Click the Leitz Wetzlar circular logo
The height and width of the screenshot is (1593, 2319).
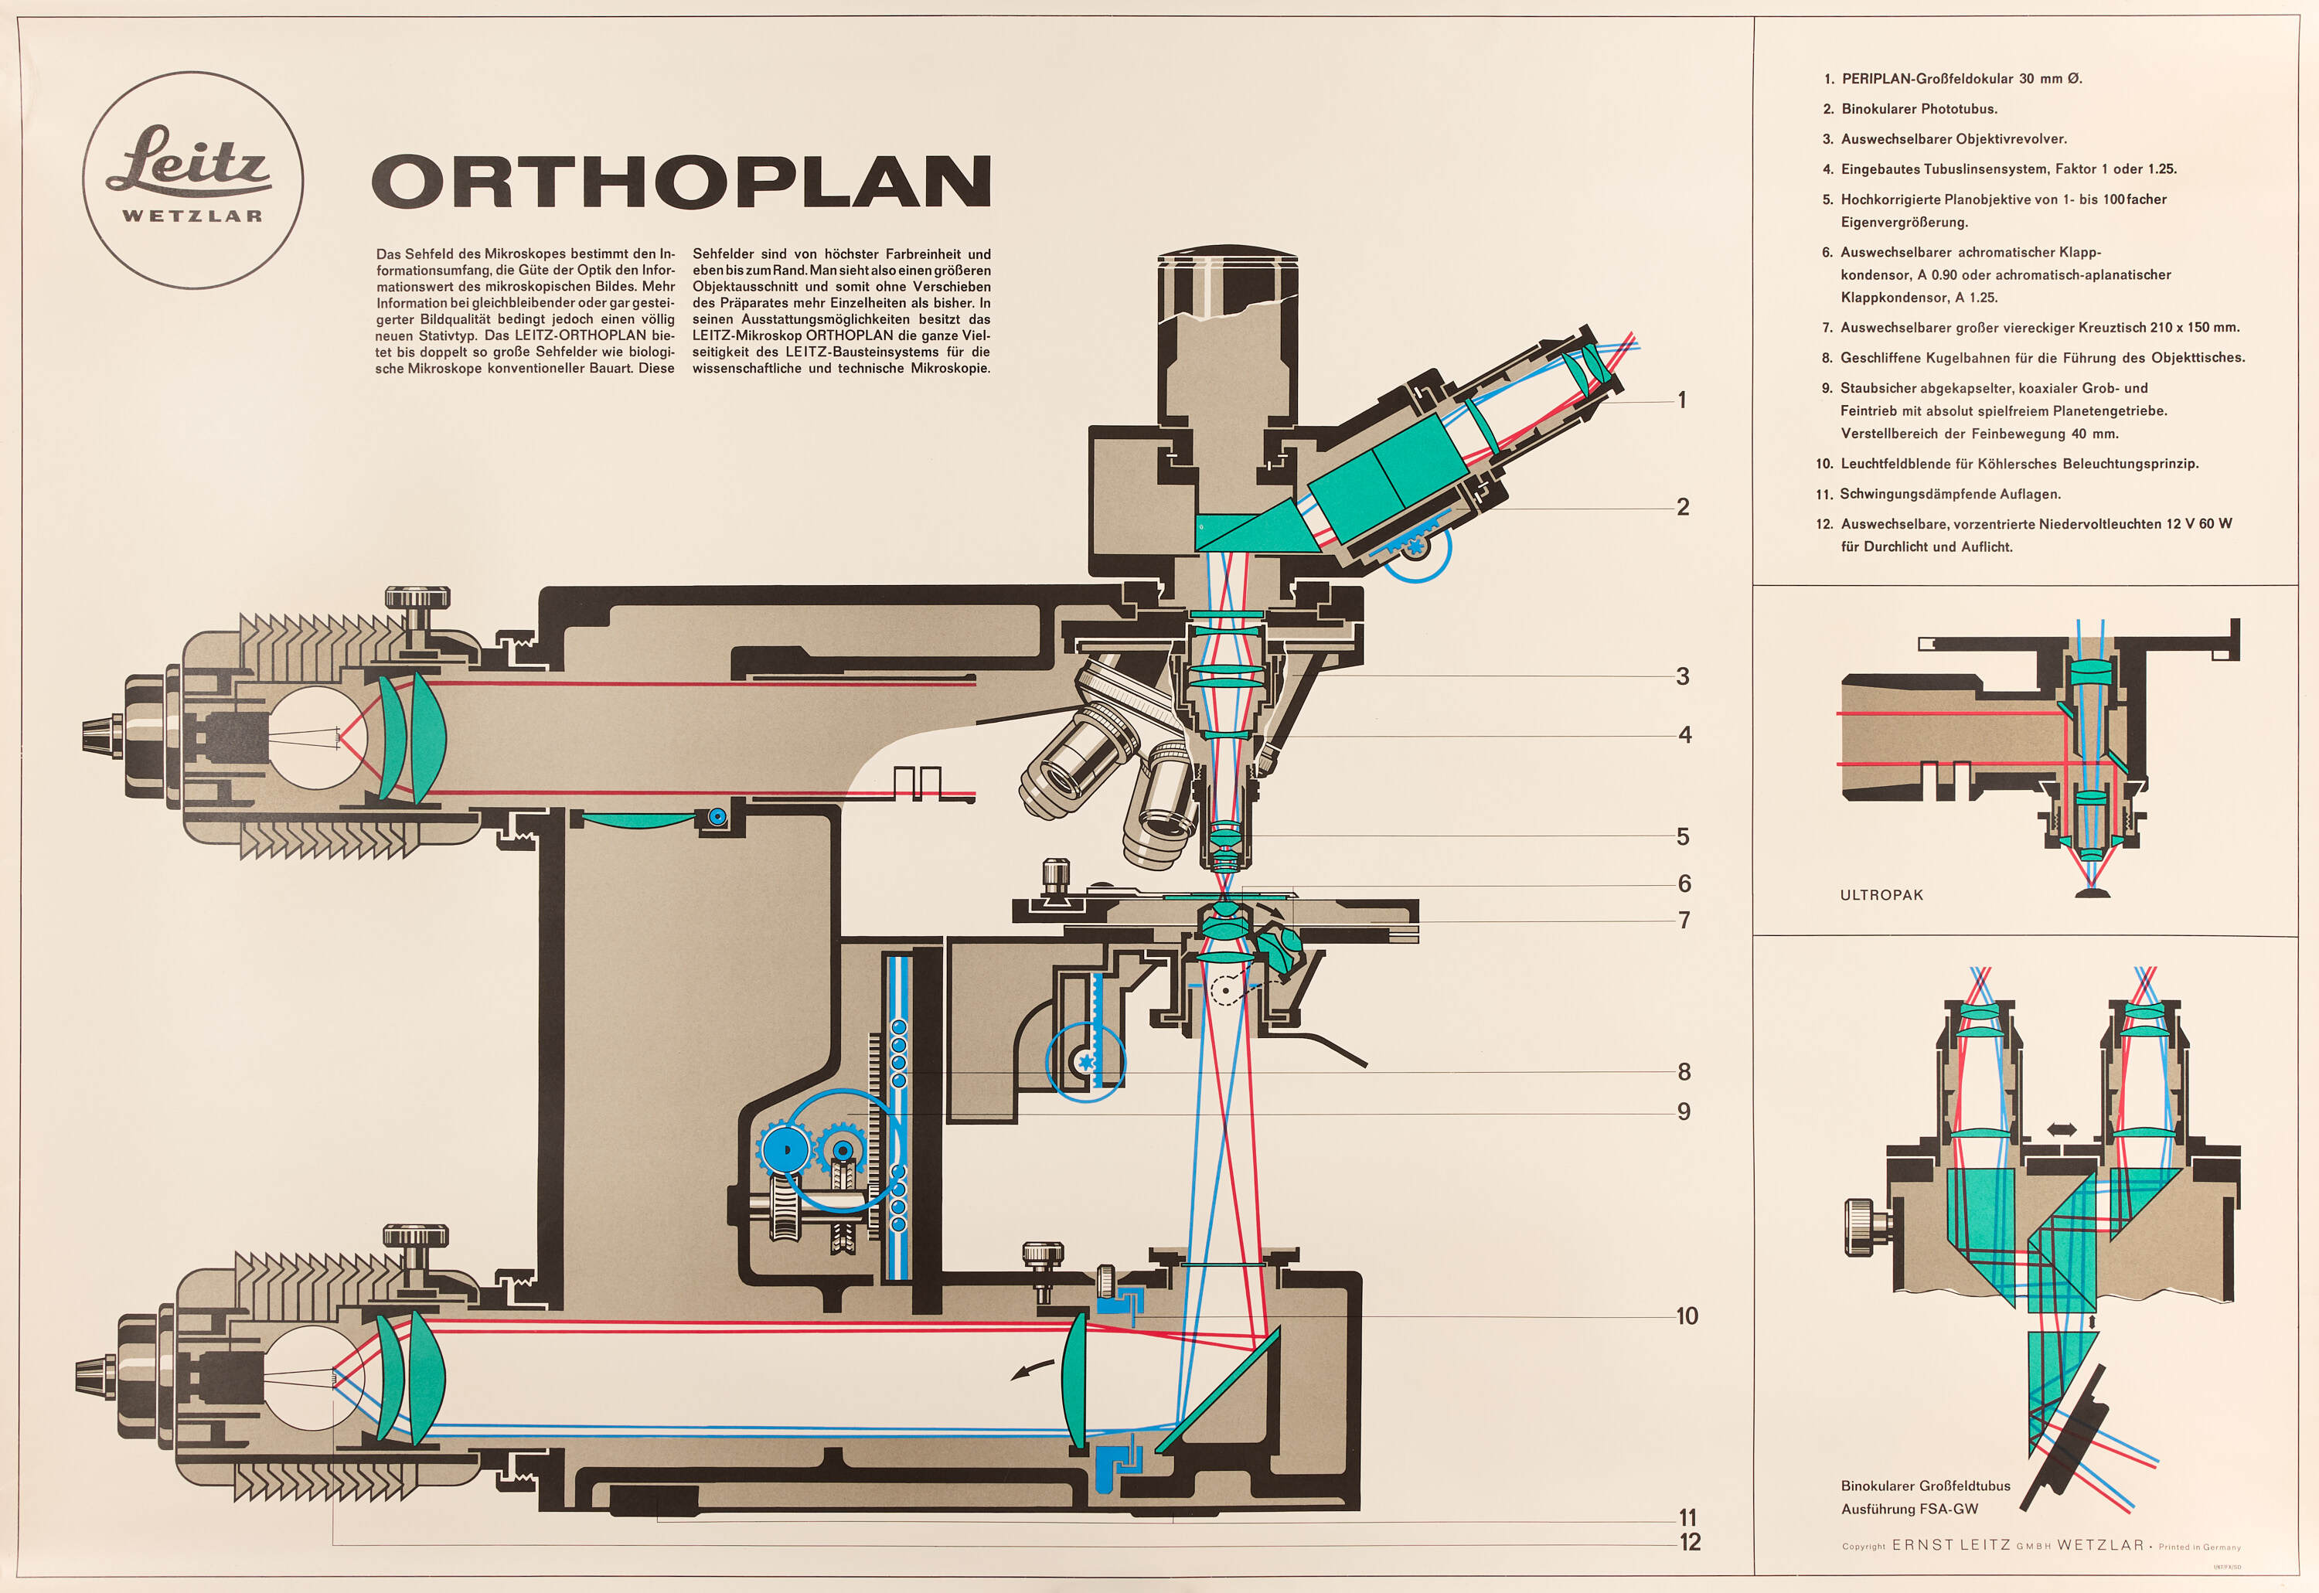point(192,181)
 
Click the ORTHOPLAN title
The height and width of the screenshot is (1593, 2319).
point(682,182)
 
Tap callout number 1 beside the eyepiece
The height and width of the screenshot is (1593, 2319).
point(1682,400)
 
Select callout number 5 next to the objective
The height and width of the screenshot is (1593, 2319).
point(1683,836)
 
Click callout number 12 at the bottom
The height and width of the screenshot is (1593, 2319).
point(1689,1542)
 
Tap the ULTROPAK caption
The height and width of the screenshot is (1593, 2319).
point(1881,895)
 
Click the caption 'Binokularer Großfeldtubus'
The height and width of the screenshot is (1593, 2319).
point(1926,1486)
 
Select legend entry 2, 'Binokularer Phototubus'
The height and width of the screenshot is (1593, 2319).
point(1918,109)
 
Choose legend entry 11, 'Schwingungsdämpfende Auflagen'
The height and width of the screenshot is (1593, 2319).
point(1949,494)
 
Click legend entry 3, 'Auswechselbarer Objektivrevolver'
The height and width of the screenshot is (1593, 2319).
point(1953,138)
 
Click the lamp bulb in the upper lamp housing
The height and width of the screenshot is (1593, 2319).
point(318,737)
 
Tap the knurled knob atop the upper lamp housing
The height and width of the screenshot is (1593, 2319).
point(417,600)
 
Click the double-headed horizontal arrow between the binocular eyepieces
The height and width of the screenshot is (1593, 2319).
point(2062,1130)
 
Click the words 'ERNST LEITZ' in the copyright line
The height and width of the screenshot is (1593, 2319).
point(1950,1545)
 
